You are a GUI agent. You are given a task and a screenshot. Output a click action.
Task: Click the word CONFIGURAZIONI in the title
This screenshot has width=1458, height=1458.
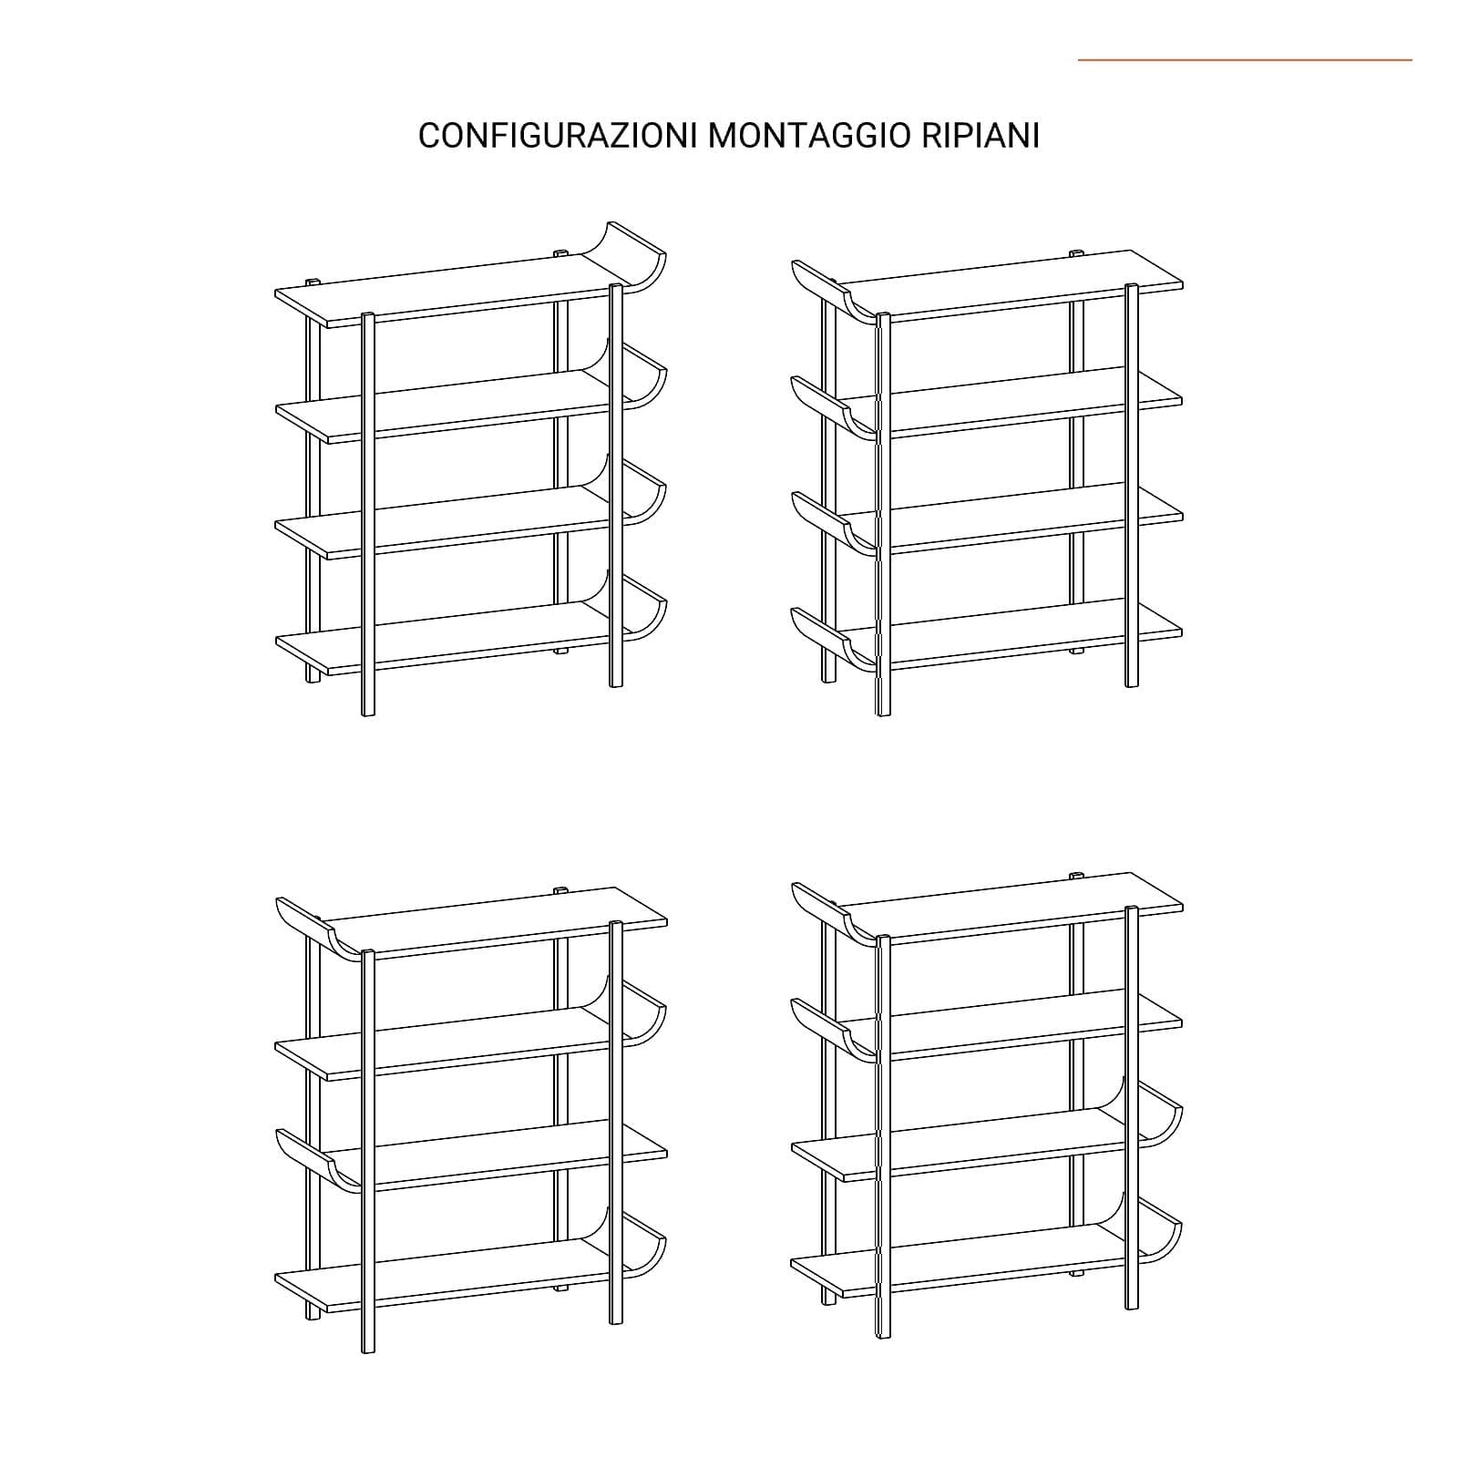[x=559, y=136]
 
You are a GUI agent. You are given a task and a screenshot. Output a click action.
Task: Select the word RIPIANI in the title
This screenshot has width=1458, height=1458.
[x=981, y=136]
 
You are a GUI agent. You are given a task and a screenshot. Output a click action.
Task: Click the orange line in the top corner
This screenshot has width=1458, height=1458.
[x=1245, y=60]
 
